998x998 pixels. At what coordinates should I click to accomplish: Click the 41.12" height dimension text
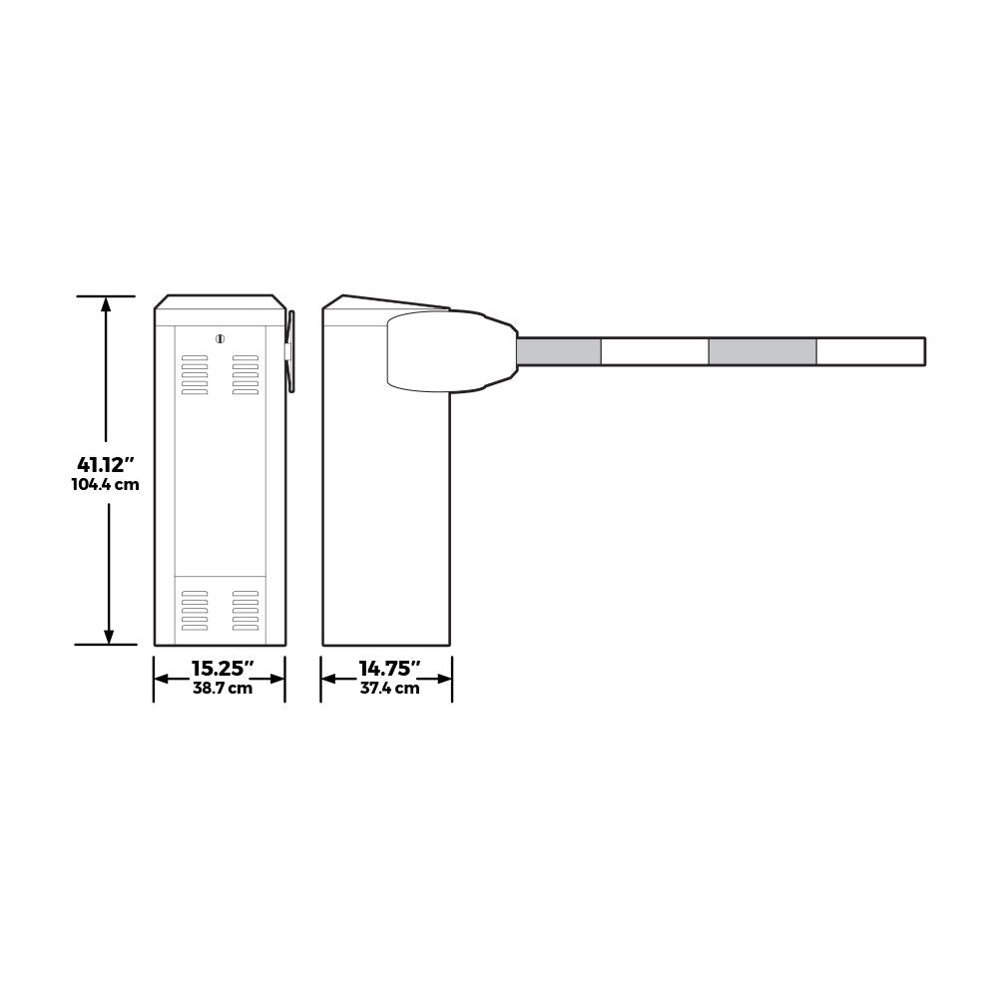pyautogui.click(x=106, y=464)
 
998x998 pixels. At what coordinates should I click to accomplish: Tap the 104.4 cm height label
pyautogui.click(x=106, y=485)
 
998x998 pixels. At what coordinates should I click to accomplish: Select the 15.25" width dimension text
pyautogui.click(x=223, y=669)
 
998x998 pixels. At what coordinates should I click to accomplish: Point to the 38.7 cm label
pyautogui.click(x=223, y=688)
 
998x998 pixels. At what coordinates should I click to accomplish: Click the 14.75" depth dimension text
pyautogui.click(x=389, y=669)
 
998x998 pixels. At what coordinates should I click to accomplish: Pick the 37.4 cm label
pyautogui.click(x=389, y=688)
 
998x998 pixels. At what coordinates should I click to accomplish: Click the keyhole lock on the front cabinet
pyautogui.click(x=220, y=339)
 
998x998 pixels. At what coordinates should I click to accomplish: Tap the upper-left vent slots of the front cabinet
pyautogui.click(x=195, y=375)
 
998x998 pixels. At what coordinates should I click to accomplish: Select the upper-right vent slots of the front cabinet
pyautogui.click(x=246, y=375)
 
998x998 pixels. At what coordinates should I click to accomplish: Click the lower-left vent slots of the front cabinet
pyautogui.click(x=195, y=610)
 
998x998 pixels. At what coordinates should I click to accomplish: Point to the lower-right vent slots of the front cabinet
pyautogui.click(x=246, y=610)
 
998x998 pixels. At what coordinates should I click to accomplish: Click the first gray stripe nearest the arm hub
pyautogui.click(x=559, y=351)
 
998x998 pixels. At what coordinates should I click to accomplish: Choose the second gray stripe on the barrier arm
pyautogui.click(x=762, y=351)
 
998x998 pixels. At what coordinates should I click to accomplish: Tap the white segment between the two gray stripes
pyautogui.click(x=655, y=351)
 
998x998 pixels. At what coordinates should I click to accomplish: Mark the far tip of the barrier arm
pyautogui.click(x=922, y=351)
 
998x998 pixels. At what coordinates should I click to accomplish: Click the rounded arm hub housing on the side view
pyautogui.click(x=439, y=350)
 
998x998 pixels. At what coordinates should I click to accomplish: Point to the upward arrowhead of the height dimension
pyautogui.click(x=106, y=304)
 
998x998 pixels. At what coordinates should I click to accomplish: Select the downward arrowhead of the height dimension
pyautogui.click(x=109, y=636)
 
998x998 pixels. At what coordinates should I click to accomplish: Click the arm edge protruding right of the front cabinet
pyautogui.click(x=290, y=351)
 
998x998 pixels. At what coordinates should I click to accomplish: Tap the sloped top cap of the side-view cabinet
pyautogui.click(x=389, y=302)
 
